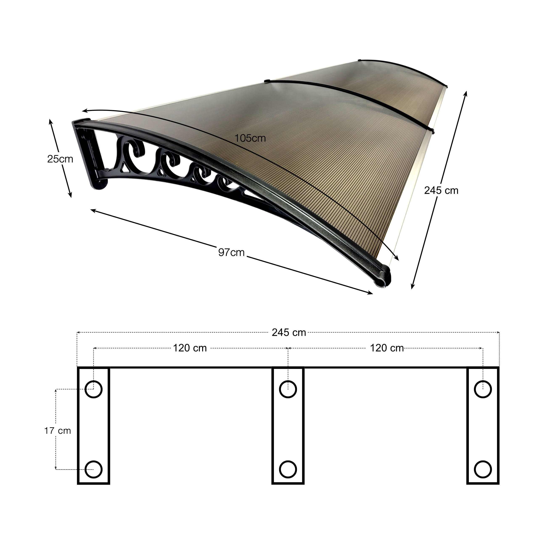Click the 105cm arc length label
tap(250, 138)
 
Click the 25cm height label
tap(60, 159)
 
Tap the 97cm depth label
tap(231, 253)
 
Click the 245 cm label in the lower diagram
tap(289, 332)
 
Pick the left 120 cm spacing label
tap(190, 348)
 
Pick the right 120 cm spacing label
tap(387, 348)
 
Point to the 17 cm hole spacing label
tap(58, 431)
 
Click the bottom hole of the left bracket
tap(94, 469)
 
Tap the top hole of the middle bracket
tap(288, 389)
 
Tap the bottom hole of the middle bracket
tap(288, 469)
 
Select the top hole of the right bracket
tap(483, 389)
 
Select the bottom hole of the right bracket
tap(483, 469)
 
